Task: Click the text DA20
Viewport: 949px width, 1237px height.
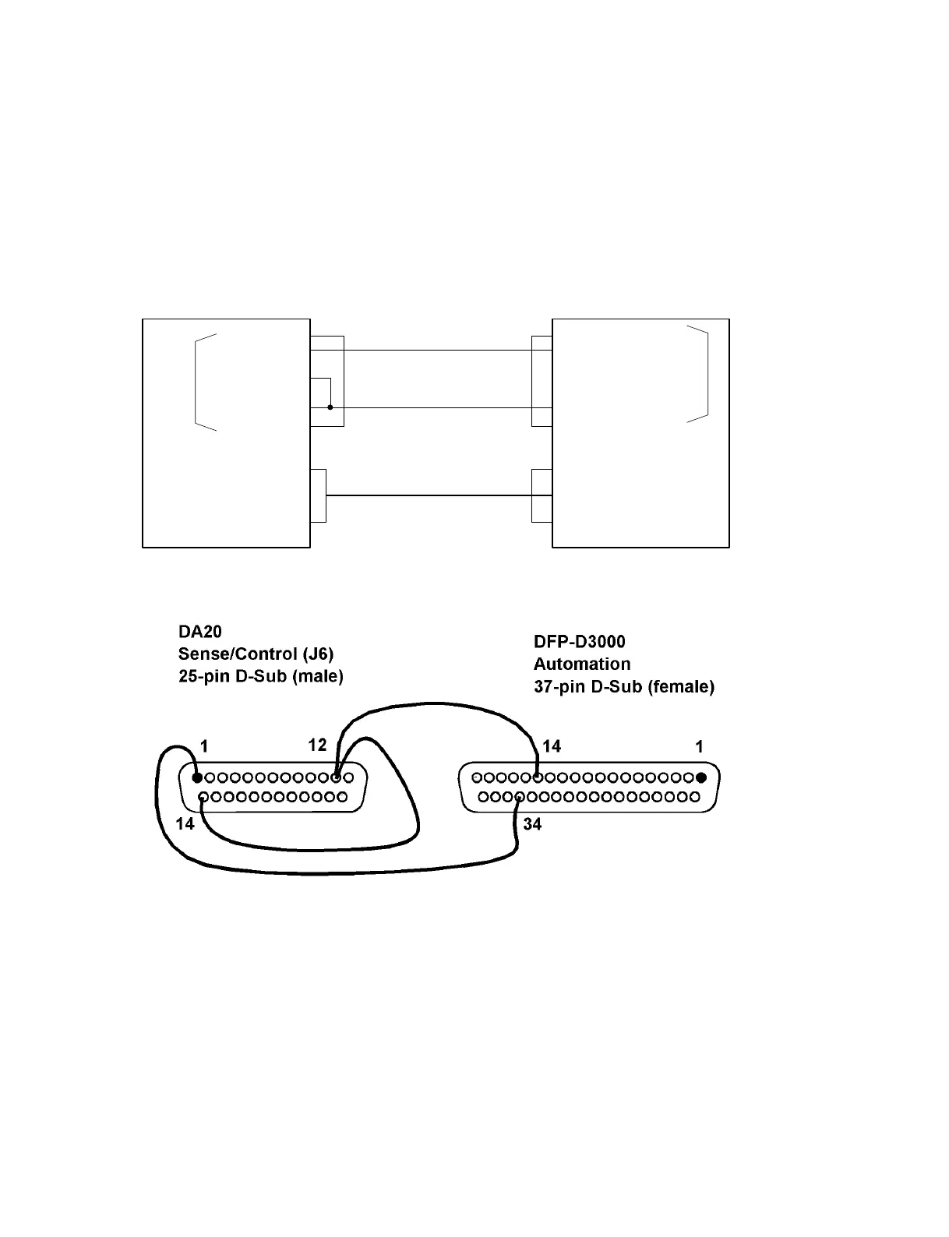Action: click(200, 632)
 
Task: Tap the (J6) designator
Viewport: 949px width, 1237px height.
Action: click(316, 654)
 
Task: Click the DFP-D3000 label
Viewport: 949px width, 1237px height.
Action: click(579, 642)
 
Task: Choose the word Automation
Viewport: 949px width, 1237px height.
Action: click(581, 664)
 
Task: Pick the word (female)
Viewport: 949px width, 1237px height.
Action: click(680, 687)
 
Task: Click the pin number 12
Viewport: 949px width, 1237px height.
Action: click(317, 745)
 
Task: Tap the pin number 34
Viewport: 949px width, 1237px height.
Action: click(532, 823)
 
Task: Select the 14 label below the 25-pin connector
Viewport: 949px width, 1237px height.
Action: click(185, 823)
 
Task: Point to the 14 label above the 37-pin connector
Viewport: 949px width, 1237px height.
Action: click(552, 746)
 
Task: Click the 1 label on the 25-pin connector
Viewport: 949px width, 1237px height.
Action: click(204, 746)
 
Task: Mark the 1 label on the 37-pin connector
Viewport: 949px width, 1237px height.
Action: click(699, 746)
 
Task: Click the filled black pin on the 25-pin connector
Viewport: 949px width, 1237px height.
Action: click(197, 777)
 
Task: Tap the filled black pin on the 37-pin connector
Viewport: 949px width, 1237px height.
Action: click(701, 777)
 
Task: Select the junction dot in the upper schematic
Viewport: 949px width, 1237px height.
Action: click(330, 407)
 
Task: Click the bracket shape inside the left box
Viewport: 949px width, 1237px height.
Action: click(197, 382)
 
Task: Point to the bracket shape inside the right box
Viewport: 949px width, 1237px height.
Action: click(705, 374)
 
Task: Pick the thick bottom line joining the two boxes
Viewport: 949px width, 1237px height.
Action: click(429, 495)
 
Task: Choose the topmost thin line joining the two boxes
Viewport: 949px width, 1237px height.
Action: click(436, 351)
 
